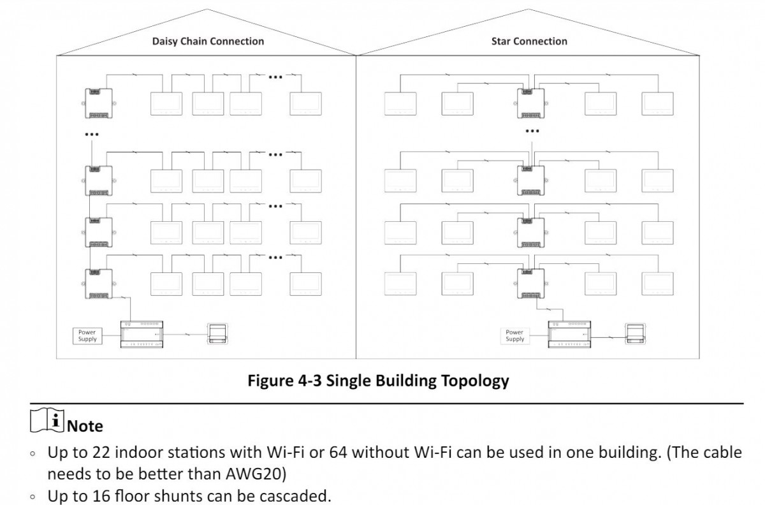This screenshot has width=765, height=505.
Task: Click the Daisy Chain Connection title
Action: (208, 41)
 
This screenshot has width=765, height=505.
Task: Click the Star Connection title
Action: (529, 41)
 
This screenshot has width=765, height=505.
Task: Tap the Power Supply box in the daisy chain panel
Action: (87, 336)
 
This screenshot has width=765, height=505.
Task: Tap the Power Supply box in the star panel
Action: (514, 336)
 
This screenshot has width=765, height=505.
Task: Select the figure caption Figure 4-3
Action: (379, 381)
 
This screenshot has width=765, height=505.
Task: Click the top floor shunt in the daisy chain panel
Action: (98, 103)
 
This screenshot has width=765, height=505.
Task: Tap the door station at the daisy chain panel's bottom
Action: (217, 334)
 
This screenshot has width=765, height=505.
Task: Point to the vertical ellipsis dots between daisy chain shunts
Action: (92, 135)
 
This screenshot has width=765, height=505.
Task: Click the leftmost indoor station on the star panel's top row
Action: (400, 103)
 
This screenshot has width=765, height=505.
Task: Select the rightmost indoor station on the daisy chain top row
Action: (305, 103)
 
